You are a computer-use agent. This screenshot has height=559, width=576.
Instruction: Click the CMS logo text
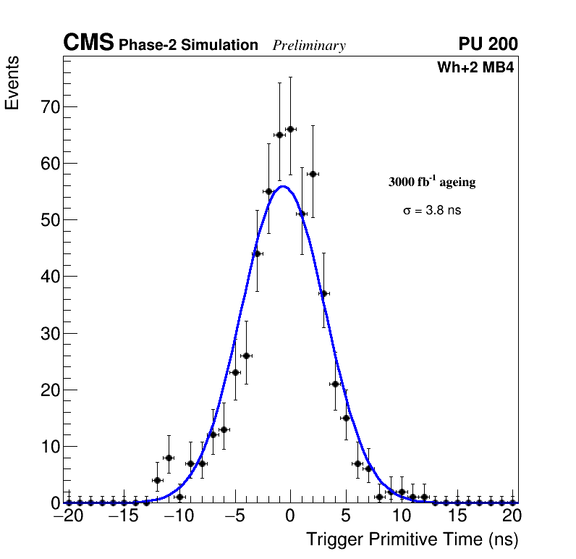[88, 43]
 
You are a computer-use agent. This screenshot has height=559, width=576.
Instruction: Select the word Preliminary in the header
[309, 46]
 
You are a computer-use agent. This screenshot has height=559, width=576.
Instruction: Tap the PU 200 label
[488, 44]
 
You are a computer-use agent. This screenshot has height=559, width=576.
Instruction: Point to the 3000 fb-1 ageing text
[432, 182]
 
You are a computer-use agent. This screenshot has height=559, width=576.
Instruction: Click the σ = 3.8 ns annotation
[432, 211]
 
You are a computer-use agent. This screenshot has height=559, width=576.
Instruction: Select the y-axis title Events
[12, 83]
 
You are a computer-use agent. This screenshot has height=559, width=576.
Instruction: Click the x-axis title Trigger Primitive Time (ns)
[412, 539]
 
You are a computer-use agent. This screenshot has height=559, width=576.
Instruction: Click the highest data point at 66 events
[290, 129]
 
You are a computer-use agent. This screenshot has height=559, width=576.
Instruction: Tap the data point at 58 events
[313, 174]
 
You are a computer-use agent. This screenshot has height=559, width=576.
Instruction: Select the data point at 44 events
[257, 253]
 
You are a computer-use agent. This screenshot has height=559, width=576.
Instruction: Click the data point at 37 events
[323, 293]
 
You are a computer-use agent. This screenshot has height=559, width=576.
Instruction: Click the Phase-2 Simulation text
[188, 46]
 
